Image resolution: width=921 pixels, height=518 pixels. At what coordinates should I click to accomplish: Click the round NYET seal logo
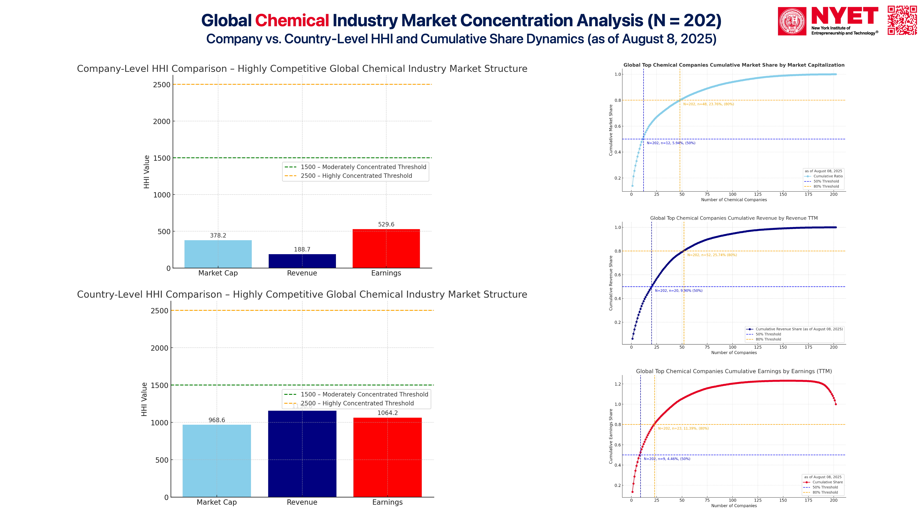[792, 21]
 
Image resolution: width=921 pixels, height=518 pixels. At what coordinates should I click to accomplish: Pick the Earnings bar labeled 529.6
[386, 248]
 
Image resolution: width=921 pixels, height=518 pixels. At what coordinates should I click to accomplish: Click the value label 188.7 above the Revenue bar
[302, 250]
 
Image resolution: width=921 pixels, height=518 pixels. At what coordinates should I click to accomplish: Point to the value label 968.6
[217, 420]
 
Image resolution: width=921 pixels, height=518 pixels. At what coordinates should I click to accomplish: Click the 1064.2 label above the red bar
[388, 413]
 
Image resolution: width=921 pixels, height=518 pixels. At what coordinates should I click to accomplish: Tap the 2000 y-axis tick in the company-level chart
[162, 122]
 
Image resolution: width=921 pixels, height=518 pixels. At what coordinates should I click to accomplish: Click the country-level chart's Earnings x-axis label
[387, 502]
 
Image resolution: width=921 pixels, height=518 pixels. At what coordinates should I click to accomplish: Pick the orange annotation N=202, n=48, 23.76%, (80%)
[708, 104]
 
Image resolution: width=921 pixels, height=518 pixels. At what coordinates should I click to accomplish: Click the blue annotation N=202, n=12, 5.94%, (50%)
[671, 143]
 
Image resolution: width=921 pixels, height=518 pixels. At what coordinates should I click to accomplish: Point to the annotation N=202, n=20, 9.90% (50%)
[678, 291]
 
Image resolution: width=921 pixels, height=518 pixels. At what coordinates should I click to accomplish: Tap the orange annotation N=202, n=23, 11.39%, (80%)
[683, 428]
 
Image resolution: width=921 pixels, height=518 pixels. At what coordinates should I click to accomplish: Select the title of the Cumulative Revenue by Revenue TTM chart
[734, 218]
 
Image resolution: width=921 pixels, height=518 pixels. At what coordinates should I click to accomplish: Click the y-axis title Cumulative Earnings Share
[611, 436]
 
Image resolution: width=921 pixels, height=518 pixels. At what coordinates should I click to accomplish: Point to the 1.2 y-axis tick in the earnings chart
[618, 384]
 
